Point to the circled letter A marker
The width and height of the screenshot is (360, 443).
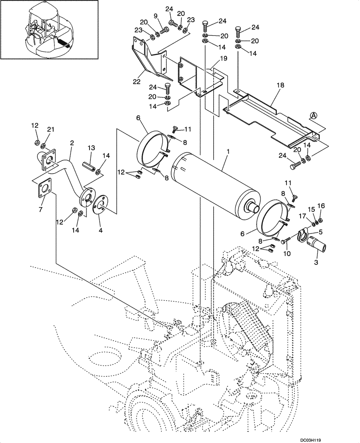tap(313, 116)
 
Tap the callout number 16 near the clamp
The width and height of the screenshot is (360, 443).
tap(321, 206)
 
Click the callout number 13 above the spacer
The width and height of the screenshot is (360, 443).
tap(91, 148)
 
